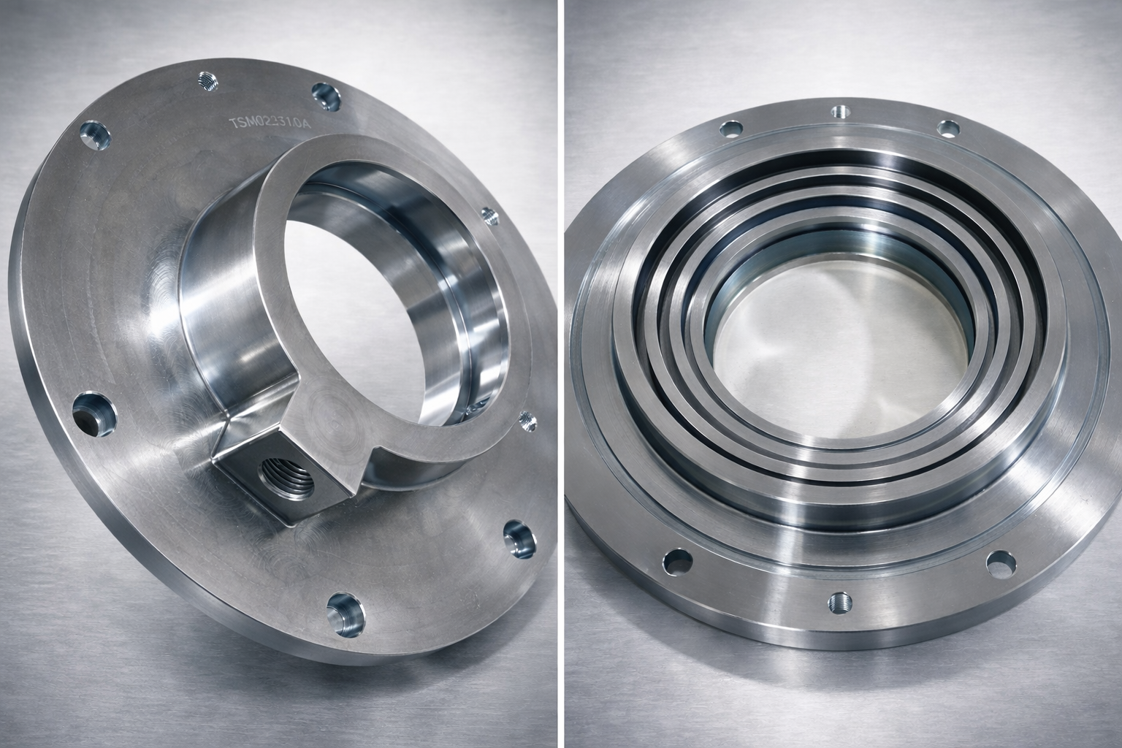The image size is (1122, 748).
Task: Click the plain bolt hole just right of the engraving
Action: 324,96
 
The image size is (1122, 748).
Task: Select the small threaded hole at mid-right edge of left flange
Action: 489,216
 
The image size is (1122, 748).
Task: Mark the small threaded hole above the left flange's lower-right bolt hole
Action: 526,421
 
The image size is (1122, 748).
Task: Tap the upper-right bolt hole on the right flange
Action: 948,129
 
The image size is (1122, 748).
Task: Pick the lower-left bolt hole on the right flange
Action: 677,561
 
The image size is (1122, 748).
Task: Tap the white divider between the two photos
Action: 561,374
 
